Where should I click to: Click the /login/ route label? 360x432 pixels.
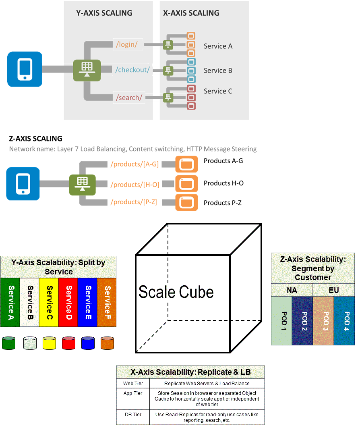coord(126,44)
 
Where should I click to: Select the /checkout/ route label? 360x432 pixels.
coord(132,70)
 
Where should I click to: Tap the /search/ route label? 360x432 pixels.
coord(129,98)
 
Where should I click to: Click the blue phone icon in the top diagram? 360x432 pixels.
coord(25,69)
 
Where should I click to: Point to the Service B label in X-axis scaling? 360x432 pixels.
coord(218,71)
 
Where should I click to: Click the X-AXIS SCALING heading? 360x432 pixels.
coord(191,13)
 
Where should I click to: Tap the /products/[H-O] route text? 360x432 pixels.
coord(135,185)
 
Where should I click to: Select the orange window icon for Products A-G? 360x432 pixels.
coord(186,164)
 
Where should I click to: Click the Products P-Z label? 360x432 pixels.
coord(222,203)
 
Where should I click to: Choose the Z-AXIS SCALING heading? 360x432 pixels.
coord(35,139)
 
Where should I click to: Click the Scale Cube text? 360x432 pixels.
coord(176,292)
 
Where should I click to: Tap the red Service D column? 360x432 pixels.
coord(68,302)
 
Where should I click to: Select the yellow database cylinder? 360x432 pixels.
coord(49,343)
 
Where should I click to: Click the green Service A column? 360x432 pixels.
coord(10,302)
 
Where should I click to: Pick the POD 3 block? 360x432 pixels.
coord(323,321)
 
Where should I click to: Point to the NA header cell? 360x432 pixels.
coord(292,290)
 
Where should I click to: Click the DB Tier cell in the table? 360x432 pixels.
coord(132,415)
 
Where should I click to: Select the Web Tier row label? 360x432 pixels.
coord(132,384)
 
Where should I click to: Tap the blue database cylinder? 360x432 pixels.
coord(88,343)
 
